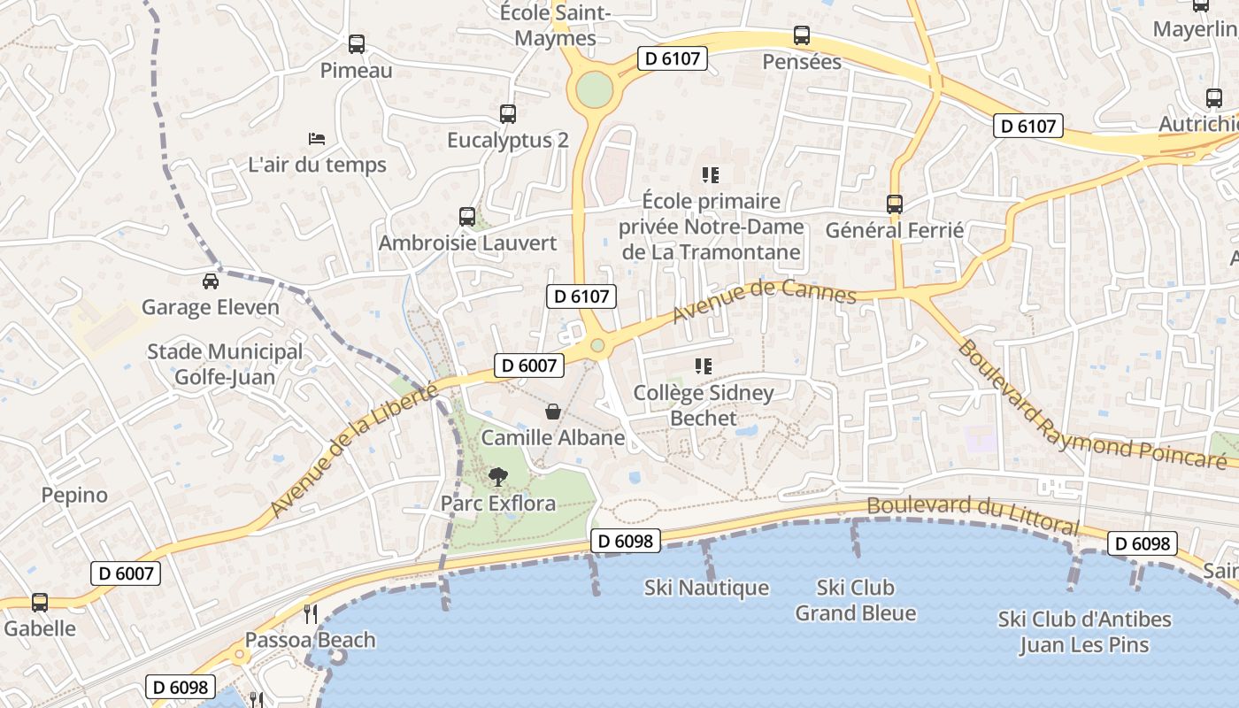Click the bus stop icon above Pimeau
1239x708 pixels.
tap(357, 43)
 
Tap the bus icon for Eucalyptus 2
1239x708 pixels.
tap(508, 113)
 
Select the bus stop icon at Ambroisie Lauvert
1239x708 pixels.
tap(467, 216)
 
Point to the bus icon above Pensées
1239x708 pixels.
tap(802, 35)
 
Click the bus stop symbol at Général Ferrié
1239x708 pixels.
tap(895, 204)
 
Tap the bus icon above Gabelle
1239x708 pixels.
tap(40, 603)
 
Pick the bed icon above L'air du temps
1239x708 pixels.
tap(317, 138)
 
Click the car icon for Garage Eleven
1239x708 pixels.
tap(211, 281)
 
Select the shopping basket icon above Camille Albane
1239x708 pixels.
tap(553, 412)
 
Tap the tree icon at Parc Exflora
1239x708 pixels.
tap(498, 477)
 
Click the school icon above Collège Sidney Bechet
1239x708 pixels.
tap(704, 366)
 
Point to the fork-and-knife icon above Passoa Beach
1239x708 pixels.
tap(311, 613)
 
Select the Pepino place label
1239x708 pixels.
tap(74, 495)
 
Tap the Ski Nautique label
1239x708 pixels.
tap(706, 588)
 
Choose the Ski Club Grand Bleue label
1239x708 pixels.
tap(855, 600)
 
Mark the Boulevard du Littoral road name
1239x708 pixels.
tap(973, 515)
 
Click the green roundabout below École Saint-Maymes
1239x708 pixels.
tap(594, 88)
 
